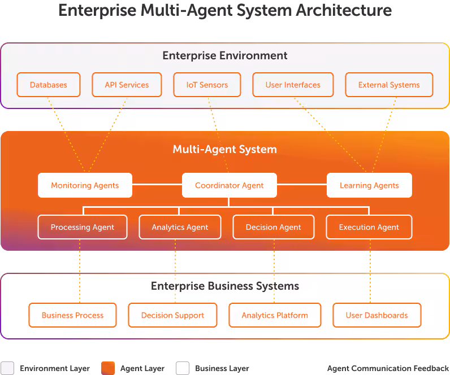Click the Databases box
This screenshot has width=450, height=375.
coord(48,85)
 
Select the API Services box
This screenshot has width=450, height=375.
coord(127,85)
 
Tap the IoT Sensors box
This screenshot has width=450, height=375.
coord(207,85)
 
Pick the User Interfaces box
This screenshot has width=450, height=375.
coord(293,85)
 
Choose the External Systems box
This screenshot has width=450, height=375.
coord(389,85)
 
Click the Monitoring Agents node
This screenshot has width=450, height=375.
coord(85,185)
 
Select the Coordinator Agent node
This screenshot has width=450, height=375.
coord(229,185)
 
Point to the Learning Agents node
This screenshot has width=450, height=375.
coord(369,185)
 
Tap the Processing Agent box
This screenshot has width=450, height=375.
coord(83,227)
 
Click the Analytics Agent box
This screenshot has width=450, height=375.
coord(180,227)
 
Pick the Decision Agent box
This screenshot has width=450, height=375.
coord(273,227)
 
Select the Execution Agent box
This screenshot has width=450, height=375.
coord(369,227)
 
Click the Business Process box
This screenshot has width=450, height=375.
coord(72,315)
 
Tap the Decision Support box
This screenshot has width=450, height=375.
coord(172,315)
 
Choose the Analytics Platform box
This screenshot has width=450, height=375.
coord(275,315)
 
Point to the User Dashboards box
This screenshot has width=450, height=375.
coord(377,315)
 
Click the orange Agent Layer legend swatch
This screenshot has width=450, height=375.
coord(107,368)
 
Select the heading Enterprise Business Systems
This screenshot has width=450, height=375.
coord(225,286)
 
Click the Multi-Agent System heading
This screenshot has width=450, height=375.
coord(225,150)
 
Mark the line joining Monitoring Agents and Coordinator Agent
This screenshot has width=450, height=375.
coord(157,185)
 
